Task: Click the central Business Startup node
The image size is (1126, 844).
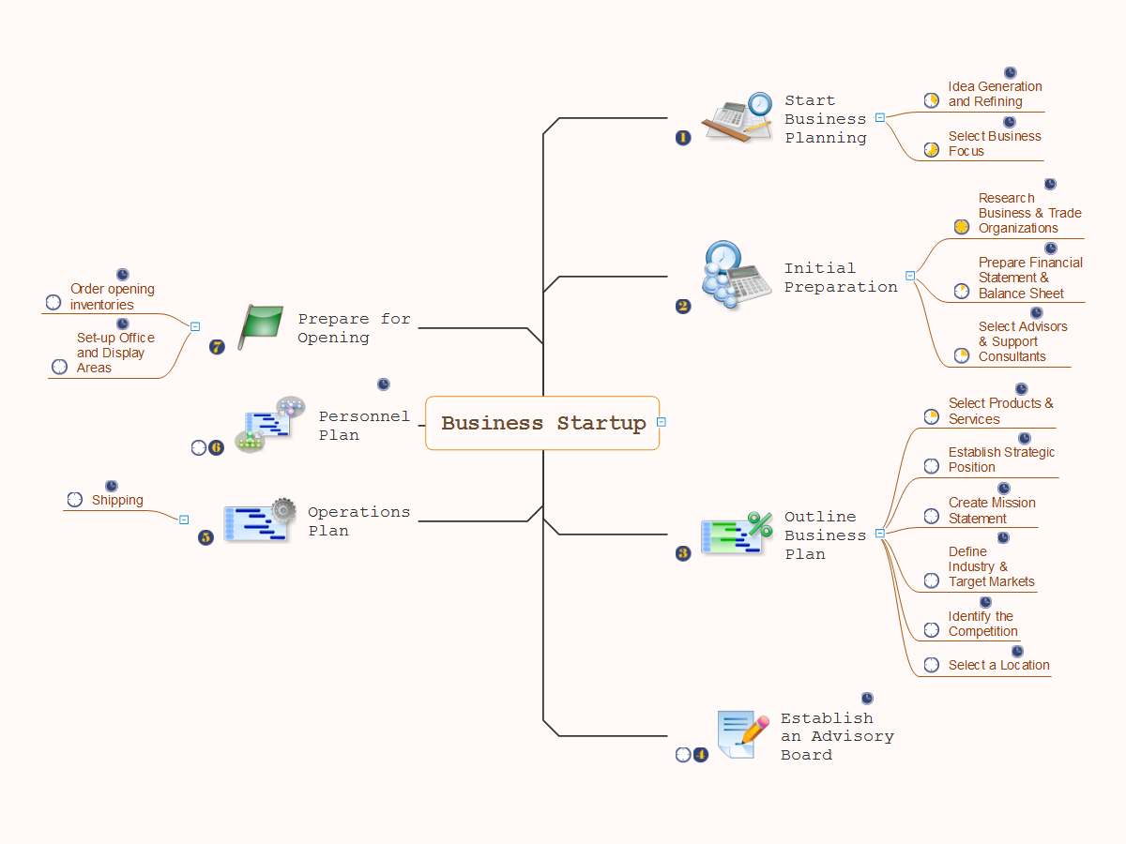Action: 542,423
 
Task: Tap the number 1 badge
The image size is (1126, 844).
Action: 683,137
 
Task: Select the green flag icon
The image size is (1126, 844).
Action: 261,325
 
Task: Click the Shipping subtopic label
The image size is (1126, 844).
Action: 117,500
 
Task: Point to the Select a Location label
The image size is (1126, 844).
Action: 998,665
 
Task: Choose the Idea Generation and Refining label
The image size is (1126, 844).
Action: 995,94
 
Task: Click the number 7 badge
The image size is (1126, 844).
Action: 218,347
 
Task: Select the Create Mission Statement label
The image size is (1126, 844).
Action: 992,510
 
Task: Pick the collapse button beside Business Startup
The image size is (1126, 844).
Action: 662,422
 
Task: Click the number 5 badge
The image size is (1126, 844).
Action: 205,537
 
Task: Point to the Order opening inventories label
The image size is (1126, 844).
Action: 112,296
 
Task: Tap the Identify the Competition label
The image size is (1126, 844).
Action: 982,624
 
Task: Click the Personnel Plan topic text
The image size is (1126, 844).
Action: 364,425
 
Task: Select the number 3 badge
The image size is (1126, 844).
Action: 683,553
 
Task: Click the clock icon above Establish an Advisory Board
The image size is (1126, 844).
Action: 867,699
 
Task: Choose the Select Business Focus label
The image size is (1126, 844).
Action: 994,143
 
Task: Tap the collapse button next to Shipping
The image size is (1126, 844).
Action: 184,520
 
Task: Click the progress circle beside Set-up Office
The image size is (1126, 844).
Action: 60,367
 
